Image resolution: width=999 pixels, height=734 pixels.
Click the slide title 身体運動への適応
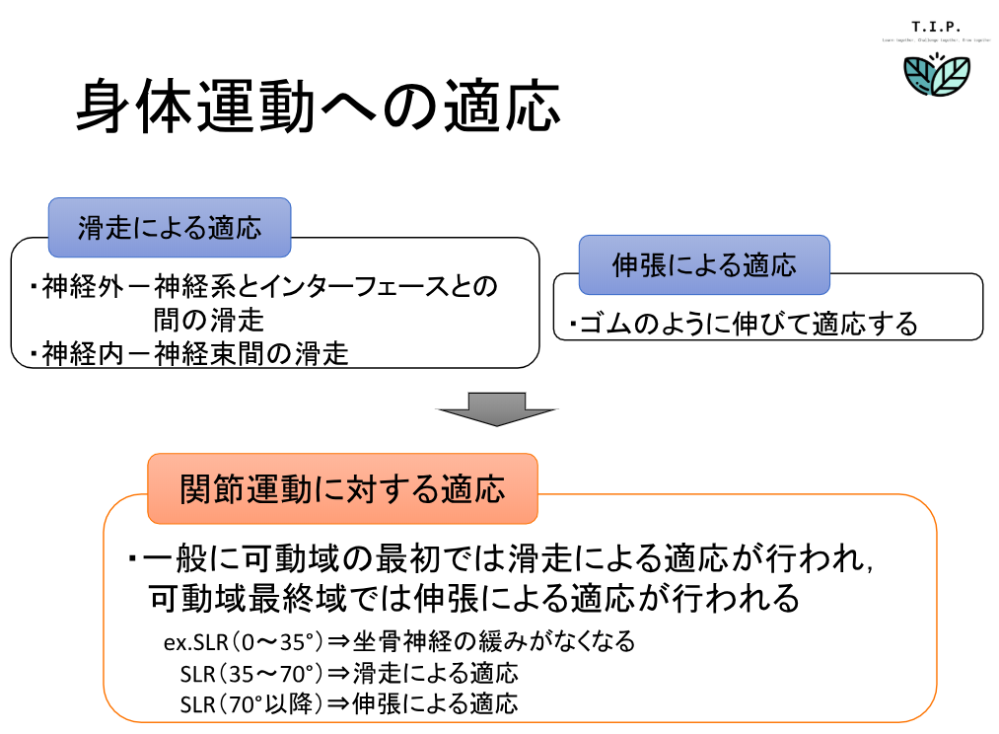coord(318,108)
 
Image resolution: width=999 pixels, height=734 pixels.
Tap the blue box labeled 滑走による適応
coord(170,228)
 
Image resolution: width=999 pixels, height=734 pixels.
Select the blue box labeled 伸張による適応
coord(703,264)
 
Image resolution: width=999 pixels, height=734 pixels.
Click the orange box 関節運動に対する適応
coord(342,488)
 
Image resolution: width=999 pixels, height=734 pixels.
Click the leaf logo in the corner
coord(937,77)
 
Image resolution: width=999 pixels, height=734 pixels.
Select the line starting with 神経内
coord(192,354)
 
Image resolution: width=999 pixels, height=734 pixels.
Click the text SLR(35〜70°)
coord(250,674)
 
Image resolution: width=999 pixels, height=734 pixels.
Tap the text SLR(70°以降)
coord(250,704)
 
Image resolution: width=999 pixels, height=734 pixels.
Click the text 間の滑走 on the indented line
coord(208,321)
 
